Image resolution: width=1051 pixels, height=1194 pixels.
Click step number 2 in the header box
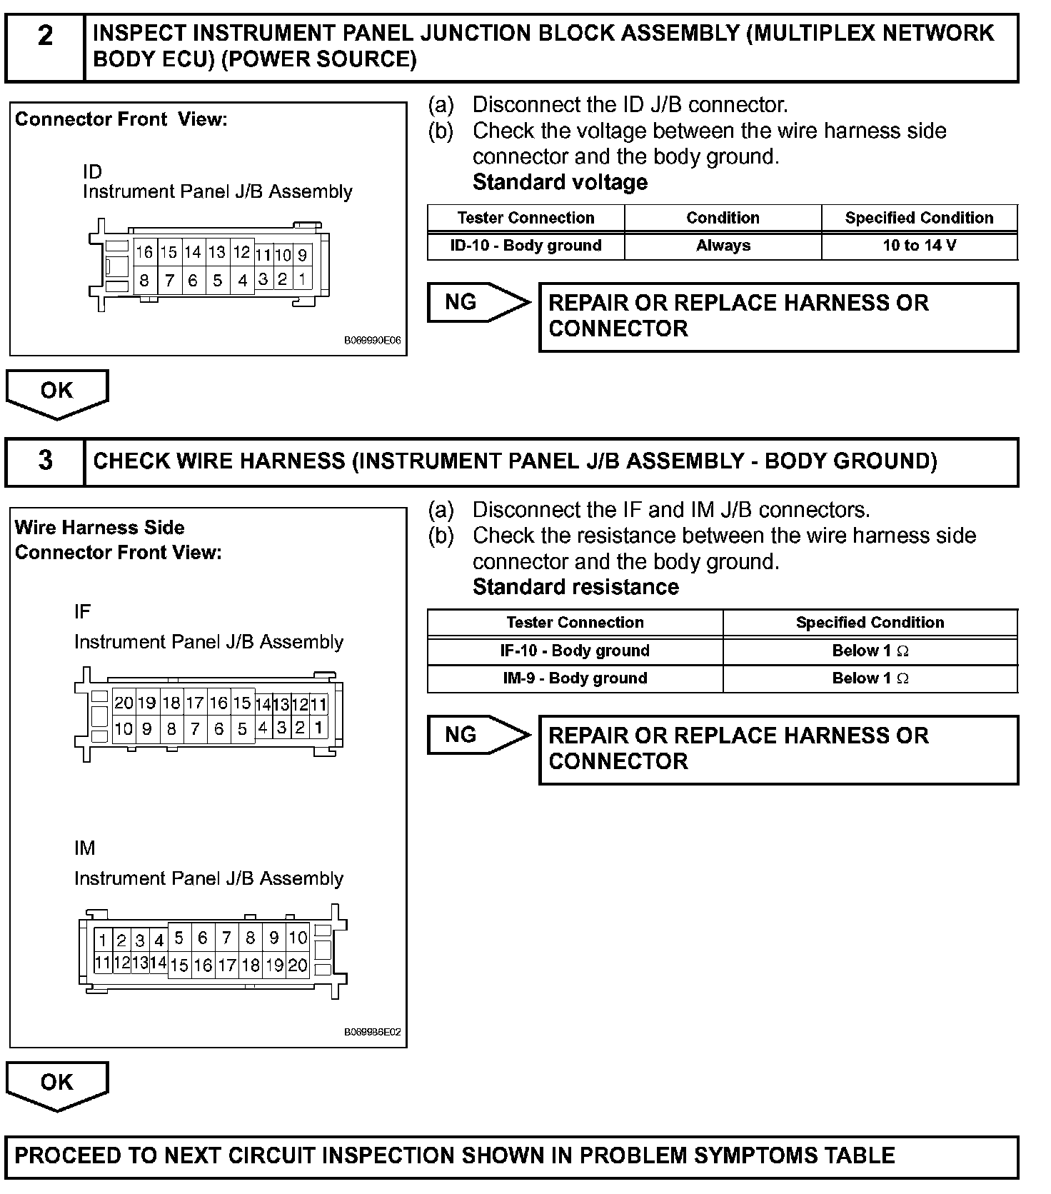click(45, 36)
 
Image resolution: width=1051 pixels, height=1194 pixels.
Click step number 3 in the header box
click(45, 460)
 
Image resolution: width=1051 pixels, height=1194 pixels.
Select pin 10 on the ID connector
click(283, 254)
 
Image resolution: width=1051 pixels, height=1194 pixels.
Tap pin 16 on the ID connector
click(144, 252)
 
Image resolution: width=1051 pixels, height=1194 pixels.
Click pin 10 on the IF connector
click(124, 729)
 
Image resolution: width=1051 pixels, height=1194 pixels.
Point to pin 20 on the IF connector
click(124, 703)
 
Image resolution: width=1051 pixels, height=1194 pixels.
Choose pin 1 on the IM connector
click(103, 940)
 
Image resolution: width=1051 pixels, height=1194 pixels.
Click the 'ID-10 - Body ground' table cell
click(525, 246)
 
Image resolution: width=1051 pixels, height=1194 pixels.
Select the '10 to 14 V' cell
click(919, 246)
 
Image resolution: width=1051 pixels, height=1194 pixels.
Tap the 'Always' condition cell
click(723, 246)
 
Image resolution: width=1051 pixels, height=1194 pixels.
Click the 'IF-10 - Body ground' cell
click(575, 651)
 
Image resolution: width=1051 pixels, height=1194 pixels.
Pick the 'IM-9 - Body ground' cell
click(575, 678)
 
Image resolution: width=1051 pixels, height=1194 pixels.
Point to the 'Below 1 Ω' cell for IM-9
click(870, 678)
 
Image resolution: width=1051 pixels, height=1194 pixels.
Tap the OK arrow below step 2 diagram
click(57, 393)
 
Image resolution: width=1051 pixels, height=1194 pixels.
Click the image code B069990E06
click(372, 341)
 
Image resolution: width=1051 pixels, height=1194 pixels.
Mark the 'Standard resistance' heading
click(575, 587)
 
